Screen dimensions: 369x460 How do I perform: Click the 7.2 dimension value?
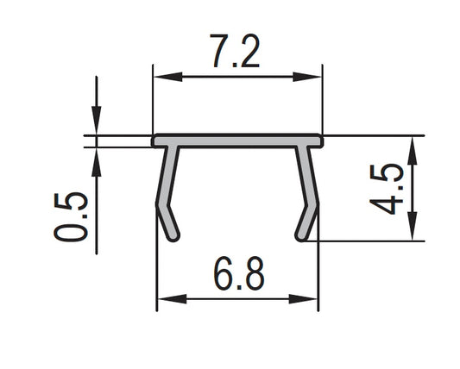(236, 53)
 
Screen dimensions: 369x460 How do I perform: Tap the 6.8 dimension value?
(236, 276)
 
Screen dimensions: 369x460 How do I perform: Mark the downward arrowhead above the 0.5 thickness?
(95, 125)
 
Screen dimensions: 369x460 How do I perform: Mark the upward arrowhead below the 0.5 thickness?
(95, 158)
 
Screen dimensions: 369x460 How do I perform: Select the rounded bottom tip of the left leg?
(175, 236)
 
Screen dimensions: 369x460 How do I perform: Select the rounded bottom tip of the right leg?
(299, 236)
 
